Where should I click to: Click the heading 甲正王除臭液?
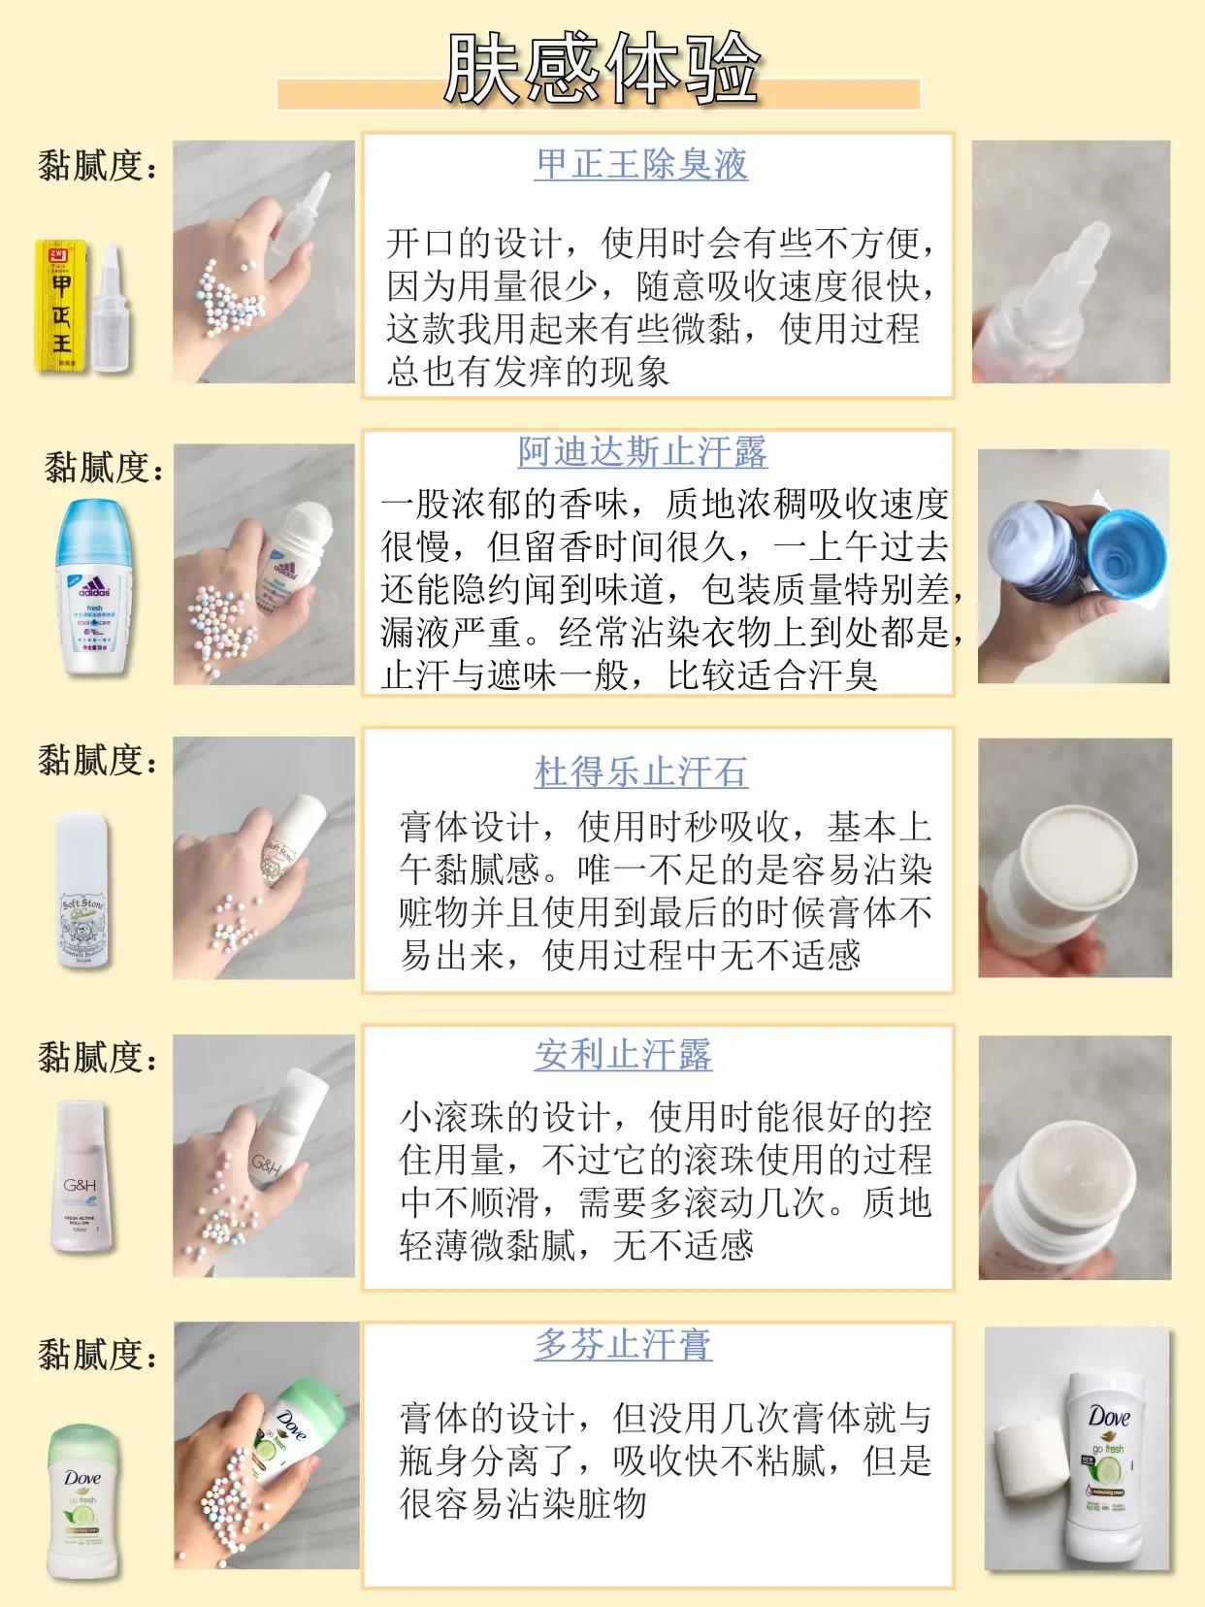coord(641,163)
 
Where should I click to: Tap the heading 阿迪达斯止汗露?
coord(641,452)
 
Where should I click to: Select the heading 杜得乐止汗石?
coord(641,772)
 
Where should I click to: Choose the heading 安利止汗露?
coord(623,1054)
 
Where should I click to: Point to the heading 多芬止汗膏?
coord(623,1345)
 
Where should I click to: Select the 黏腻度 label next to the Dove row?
coord(97,1355)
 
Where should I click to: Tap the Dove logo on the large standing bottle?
coord(1109,1418)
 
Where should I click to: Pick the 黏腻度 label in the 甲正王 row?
coord(97,167)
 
